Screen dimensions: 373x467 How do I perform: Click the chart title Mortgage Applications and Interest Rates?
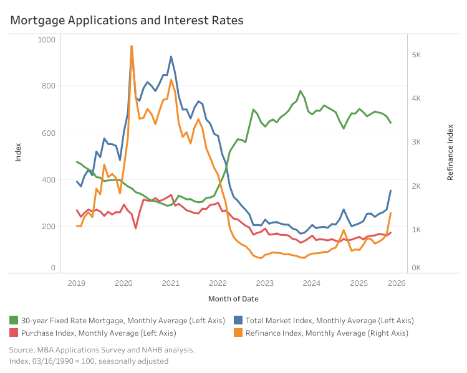pyautogui.click(x=127, y=21)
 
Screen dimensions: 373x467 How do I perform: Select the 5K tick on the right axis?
pyautogui.click(x=417, y=55)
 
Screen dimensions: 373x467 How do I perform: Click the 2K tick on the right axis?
pyautogui.click(x=417, y=186)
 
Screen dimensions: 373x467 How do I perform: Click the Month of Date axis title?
pyautogui.click(x=233, y=299)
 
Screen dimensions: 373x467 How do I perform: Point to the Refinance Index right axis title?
pyautogui.click(x=450, y=152)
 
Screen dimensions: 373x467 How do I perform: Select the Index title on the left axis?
pyautogui.click(x=18, y=152)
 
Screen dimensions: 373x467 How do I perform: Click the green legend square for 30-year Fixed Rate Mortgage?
pyautogui.click(x=14, y=321)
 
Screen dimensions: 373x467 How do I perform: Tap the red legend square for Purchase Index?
pyautogui.click(x=14, y=333)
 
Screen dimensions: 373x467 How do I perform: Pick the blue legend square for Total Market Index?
pyautogui.click(x=238, y=321)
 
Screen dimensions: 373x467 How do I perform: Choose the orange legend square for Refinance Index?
pyautogui.click(x=238, y=333)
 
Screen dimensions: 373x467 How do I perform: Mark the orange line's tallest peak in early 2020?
pyautogui.click(x=132, y=46)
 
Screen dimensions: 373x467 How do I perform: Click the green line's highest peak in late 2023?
pyautogui.click(x=301, y=91)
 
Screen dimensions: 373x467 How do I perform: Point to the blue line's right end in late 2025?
pyautogui.click(x=390, y=191)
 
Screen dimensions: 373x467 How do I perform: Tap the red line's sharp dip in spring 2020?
pyautogui.click(x=135, y=229)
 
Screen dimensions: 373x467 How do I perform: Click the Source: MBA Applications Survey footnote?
pyautogui.click(x=102, y=350)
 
